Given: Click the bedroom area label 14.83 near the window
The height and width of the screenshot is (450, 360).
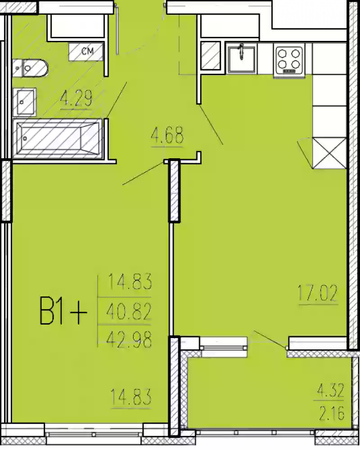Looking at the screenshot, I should click(x=130, y=397).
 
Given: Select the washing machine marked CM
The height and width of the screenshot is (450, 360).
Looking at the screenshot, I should click(x=86, y=52).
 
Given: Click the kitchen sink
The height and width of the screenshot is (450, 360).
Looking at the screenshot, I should click(x=241, y=59).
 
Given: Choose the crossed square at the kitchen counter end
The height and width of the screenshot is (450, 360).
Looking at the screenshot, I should click(x=329, y=153).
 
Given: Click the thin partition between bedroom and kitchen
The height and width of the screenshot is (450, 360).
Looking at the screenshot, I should click(x=171, y=279).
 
